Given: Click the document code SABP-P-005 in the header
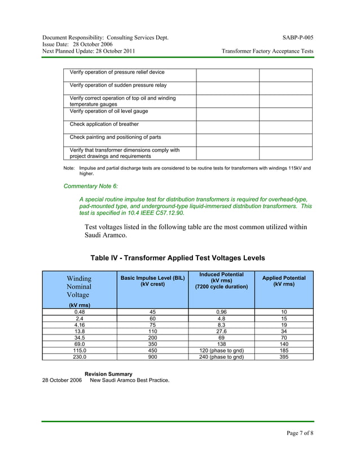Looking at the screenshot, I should click(x=298, y=38).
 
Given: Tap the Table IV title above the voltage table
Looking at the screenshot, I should click(x=178, y=258).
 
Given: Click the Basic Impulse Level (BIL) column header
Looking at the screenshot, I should click(x=152, y=281).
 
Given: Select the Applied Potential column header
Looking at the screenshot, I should click(x=284, y=281).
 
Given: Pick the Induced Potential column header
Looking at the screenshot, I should click(x=221, y=280).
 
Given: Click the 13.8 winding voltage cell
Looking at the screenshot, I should click(x=80, y=332).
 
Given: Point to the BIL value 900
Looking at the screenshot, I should click(x=152, y=357).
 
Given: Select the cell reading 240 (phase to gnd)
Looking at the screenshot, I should click(x=221, y=357).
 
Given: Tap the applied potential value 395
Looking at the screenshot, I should click(x=284, y=357).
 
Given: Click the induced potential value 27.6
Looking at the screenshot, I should click(x=221, y=332).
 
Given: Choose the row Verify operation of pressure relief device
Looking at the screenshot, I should click(x=117, y=72).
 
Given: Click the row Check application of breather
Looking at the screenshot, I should click(x=104, y=124).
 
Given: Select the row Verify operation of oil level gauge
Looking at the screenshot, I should click(x=108, y=111).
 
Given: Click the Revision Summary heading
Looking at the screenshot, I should click(x=108, y=374).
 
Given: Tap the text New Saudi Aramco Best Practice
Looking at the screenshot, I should click(x=129, y=380).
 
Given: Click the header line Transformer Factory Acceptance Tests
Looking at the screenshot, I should click(x=267, y=51).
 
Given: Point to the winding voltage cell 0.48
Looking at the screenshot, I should click(x=80, y=311).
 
